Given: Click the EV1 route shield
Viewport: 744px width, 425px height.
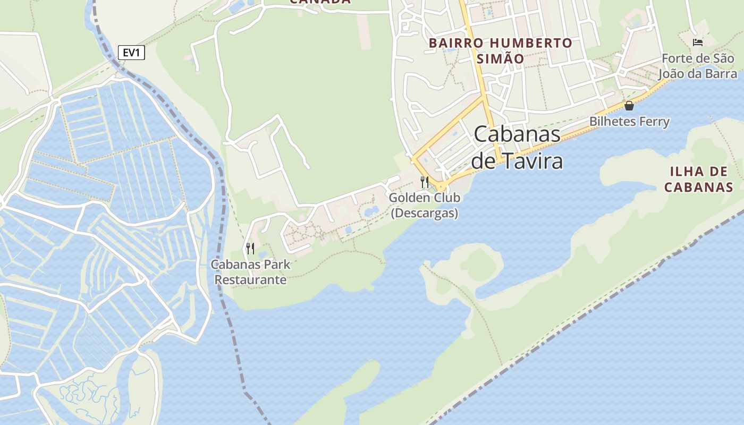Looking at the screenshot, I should coord(131,53).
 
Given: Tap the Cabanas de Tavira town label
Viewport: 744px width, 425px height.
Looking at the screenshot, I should coord(517,147).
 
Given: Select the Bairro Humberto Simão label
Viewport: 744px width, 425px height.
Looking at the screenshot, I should coord(501,50).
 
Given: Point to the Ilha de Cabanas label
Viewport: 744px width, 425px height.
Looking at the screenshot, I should coord(699,179).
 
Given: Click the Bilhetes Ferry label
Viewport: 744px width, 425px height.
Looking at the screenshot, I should coord(629,122).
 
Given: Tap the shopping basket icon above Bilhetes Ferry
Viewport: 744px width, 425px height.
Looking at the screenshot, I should coord(629,106).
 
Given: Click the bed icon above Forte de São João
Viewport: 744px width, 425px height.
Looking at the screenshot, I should coord(698,42).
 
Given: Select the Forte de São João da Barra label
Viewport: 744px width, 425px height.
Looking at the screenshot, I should coord(699,66).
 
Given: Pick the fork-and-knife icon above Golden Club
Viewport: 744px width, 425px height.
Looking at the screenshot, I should coord(424,182).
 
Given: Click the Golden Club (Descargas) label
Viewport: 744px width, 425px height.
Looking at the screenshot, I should coord(424,205).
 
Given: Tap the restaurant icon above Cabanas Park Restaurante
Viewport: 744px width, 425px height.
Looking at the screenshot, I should coord(250,248).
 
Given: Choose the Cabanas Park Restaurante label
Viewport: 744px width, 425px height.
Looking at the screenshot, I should coord(250,272).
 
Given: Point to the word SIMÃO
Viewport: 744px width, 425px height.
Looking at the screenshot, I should coord(501,58).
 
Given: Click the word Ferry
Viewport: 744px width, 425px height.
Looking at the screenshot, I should coord(654,122).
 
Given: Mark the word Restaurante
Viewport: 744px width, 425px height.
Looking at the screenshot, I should coord(250,280).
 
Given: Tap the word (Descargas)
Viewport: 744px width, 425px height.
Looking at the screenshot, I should coord(424,213).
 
